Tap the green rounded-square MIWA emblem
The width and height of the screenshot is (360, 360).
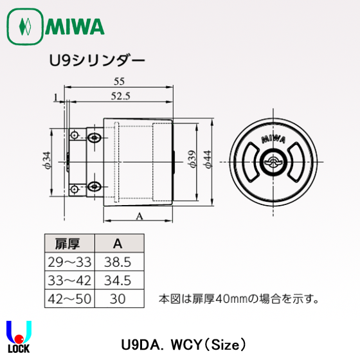25,27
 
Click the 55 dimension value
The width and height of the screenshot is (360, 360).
118,81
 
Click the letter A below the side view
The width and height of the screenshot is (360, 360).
139,217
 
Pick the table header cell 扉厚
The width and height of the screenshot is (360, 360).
69,244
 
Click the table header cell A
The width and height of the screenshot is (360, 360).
118,244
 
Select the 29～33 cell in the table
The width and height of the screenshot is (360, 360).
69,262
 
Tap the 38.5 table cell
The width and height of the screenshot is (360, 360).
118,262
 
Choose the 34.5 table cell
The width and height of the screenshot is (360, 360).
118,280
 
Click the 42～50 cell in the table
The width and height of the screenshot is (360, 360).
69,299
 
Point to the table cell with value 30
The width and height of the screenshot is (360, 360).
118,299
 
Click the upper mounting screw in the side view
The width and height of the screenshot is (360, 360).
94,136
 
